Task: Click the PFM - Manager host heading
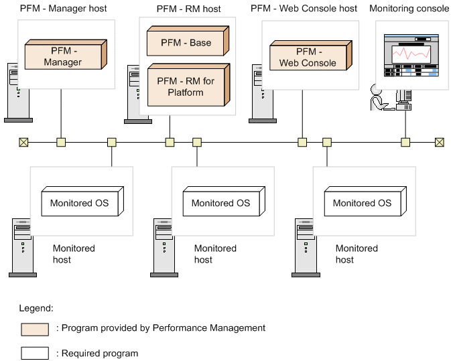click(63, 9)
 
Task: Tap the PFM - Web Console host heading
click(304, 9)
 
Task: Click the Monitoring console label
click(409, 9)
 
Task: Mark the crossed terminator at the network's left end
click(23, 142)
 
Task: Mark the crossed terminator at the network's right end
click(440, 142)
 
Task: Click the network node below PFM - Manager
click(61, 142)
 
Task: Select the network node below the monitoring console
click(405, 142)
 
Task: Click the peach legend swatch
click(35, 329)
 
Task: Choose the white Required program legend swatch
click(35, 353)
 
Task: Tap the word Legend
click(36, 308)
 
